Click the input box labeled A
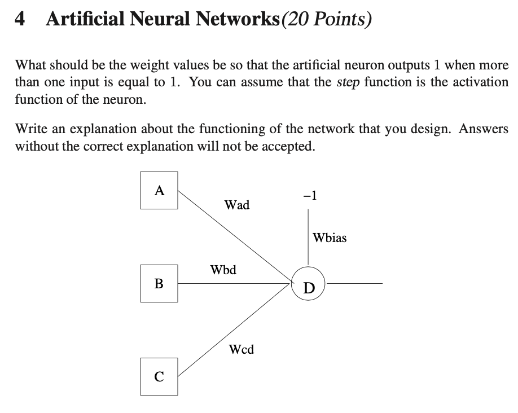coord(159,191)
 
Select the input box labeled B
coord(159,283)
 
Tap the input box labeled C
coord(159,376)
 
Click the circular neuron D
coord(308,283)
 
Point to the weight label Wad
coord(236,205)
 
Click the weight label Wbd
coord(223,269)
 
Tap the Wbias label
coord(330,238)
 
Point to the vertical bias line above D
coord(308,237)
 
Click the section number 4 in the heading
coord(20,20)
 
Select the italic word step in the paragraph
coord(348,82)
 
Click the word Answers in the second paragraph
coord(484,129)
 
